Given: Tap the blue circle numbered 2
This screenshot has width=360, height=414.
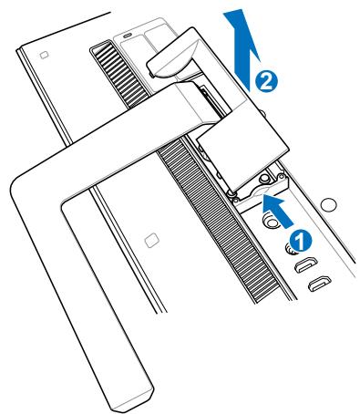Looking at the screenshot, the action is coord(265,81).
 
